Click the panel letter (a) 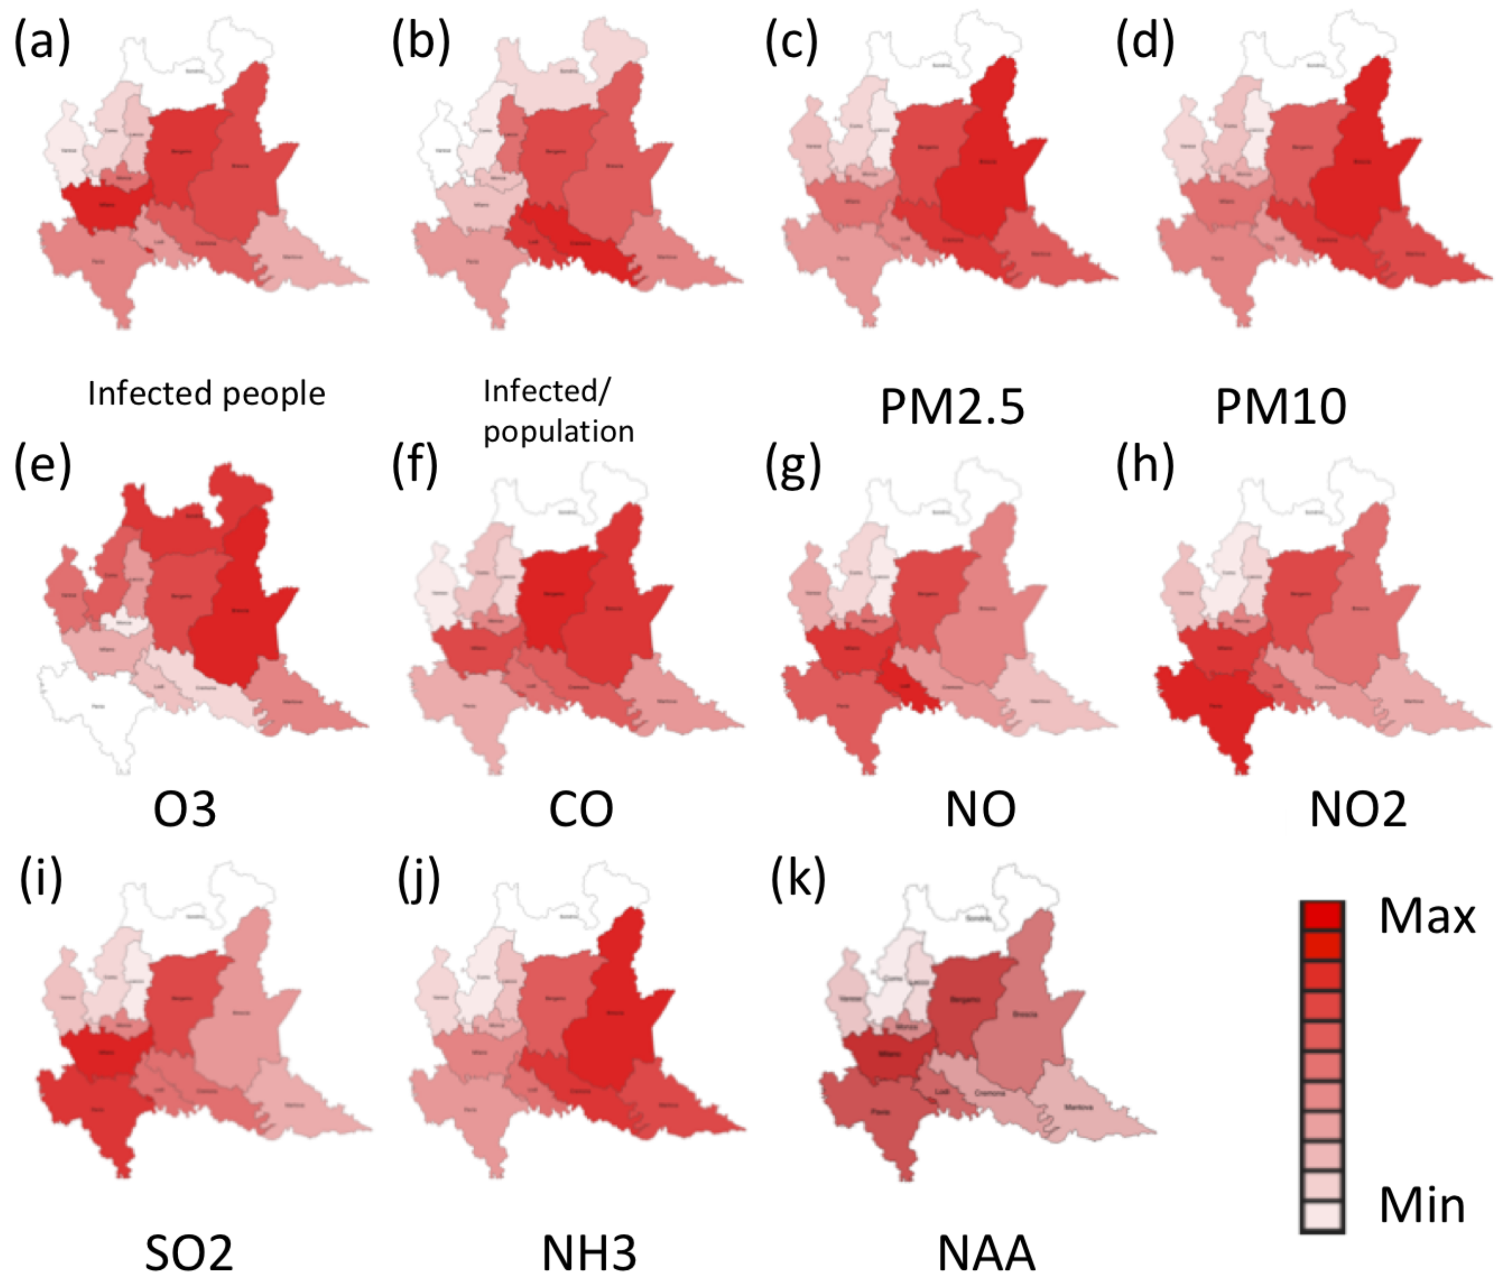point(42,42)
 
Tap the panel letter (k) point(798,879)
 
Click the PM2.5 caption point(952,406)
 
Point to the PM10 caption point(1280,406)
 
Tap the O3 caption point(185,809)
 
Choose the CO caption point(580,809)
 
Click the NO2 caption point(1357,809)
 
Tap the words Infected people point(206,394)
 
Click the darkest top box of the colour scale point(1322,916)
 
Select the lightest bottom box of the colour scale point(1322,1216)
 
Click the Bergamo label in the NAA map point(965,1000)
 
